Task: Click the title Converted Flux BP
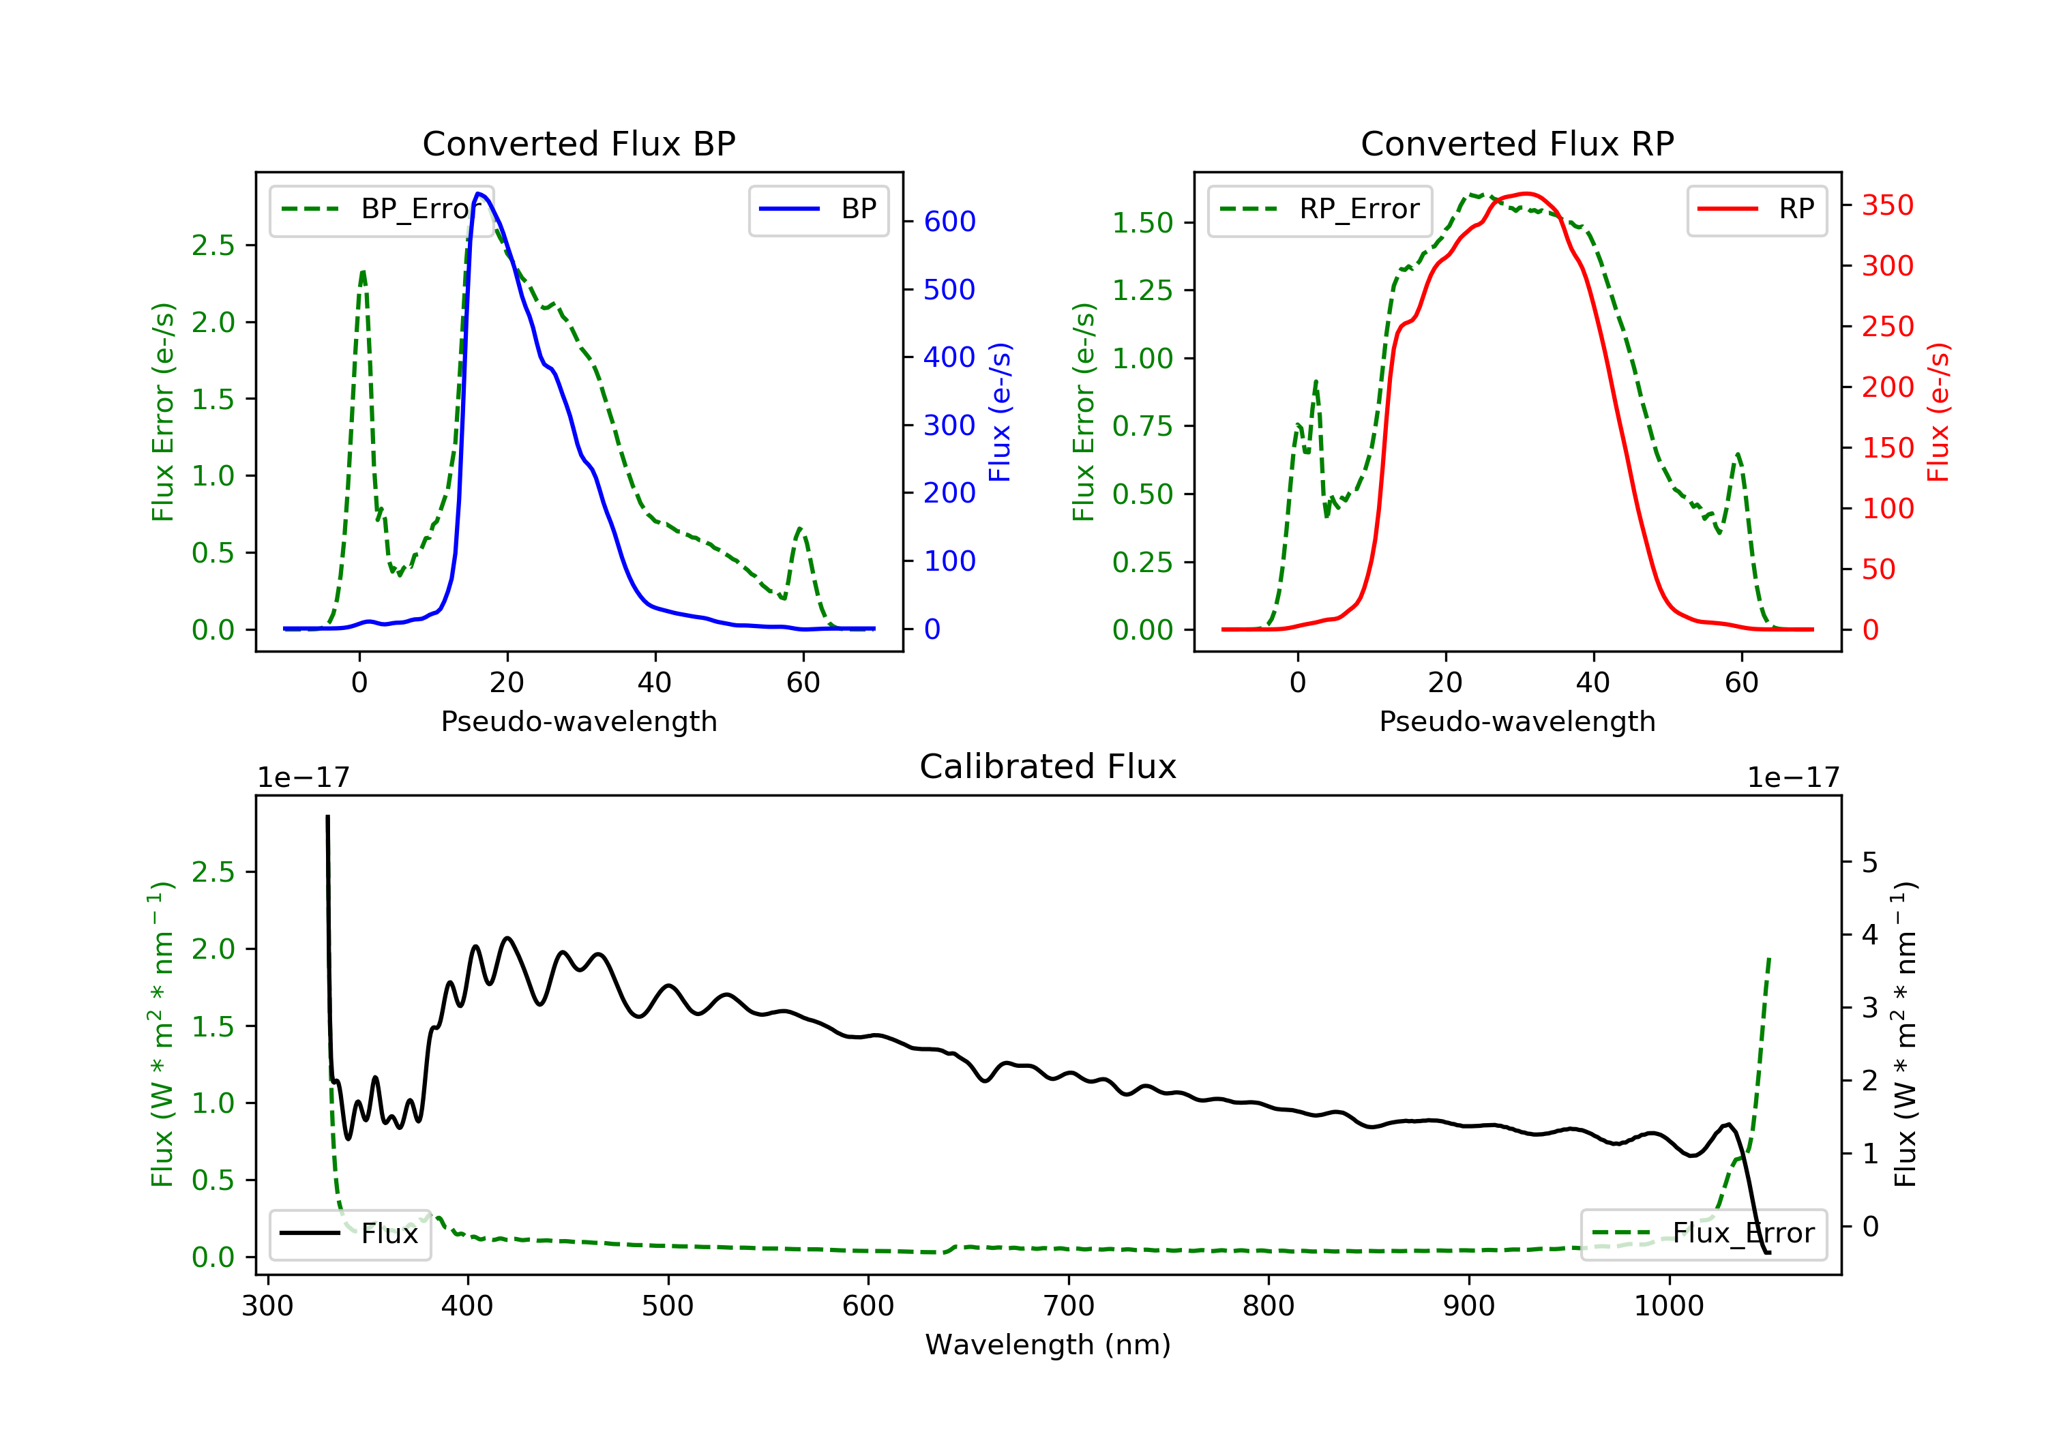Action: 578,143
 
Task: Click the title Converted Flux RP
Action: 1517,143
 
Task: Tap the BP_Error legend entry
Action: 381,209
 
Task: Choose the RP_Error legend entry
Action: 1319,209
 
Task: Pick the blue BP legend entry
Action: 818,209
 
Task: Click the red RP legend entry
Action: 1755,209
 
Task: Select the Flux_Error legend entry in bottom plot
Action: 1703,1234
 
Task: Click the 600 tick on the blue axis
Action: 949,222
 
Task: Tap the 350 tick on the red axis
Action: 1886,206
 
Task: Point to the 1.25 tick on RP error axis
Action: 1142,290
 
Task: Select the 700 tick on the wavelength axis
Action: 1067,1307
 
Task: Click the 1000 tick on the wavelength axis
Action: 1668,1307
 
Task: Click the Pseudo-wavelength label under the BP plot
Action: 578,721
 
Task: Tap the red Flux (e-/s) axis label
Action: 1938,413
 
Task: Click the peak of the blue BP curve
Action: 479,194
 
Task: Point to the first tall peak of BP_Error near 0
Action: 363,272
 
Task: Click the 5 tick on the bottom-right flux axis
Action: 1869,863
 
